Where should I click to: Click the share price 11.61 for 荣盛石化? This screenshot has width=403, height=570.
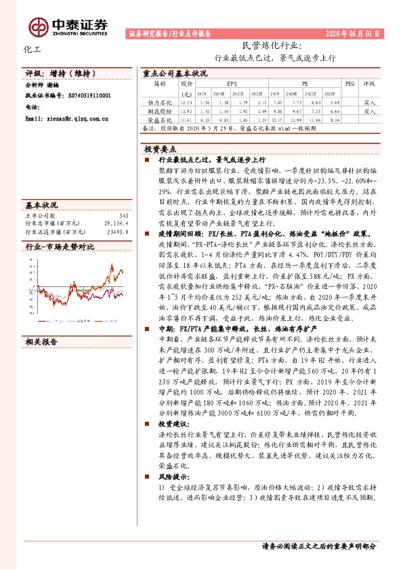coord(188,118)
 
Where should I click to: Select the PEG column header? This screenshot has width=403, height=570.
coord(349,84)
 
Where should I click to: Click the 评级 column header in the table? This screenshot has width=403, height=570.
coord(369,84)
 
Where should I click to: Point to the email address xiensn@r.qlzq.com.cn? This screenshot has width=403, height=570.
coord(62,118)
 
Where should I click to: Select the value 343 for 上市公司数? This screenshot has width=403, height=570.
coord(123,215)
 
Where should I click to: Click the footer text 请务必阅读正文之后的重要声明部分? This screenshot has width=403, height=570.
coord(318,545)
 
